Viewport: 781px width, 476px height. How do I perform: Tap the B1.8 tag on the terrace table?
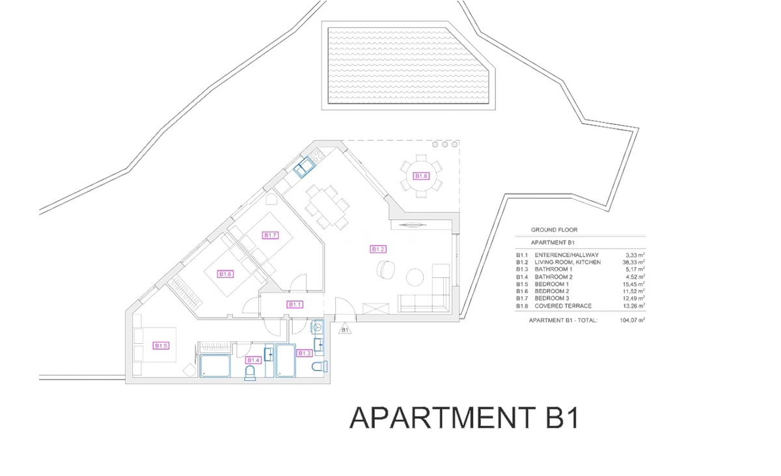point(422,176)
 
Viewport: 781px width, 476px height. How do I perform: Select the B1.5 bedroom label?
point(161,346)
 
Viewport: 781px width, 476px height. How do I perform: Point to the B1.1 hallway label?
point(295,304)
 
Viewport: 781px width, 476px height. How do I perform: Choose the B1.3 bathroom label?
point(305,353)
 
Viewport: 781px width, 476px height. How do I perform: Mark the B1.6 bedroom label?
point(225,274)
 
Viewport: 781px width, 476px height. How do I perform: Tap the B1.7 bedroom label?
point(271,235)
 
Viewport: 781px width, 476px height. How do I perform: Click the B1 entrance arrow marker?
point(345,329)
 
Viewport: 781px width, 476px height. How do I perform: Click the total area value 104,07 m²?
point(631,320)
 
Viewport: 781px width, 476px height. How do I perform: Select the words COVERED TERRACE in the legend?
point(563,305)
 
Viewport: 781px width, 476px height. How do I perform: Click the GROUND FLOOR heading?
point(554,230)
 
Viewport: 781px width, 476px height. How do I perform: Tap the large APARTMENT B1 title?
point(464,417)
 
